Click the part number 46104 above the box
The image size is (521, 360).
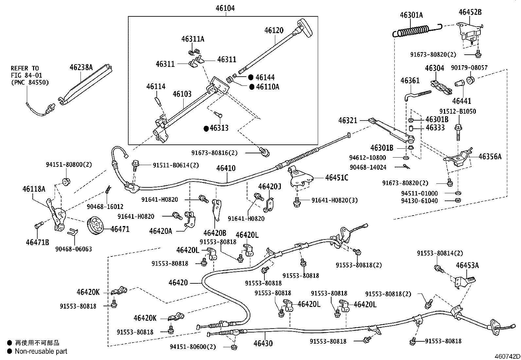pyautogui.click(x=225, y=8)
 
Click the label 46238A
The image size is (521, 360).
pyautogui.click(x=81, y=68)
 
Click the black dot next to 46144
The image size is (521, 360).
pyautogui.click(x=251, y=78)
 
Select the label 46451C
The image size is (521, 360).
pyautogui.click(x=337, y=178)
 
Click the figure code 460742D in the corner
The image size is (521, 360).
pyautogui.click(x=507, y=356)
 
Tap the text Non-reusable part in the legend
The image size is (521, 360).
pyautogui.click(x=41, y=351)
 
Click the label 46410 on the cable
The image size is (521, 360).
pyautogui.click(x=226, y=169)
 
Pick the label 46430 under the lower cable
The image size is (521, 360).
pyautogui.click(x=263, y=343)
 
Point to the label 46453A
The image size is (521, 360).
pyautogui.click(x=467, y=265)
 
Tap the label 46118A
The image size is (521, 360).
pyautogui.click(x=34, y=189)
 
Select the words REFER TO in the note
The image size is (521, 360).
pyautogui.click(x=25, y=68)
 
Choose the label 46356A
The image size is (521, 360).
pyautogui.click(x=490, y=157)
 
